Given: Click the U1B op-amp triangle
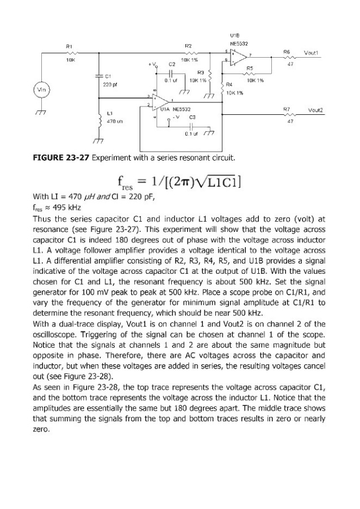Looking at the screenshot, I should (237, 55).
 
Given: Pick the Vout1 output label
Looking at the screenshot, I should (313, 51).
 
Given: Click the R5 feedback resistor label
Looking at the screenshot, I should (249, 67).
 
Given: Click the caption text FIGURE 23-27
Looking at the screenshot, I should (62, 156).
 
